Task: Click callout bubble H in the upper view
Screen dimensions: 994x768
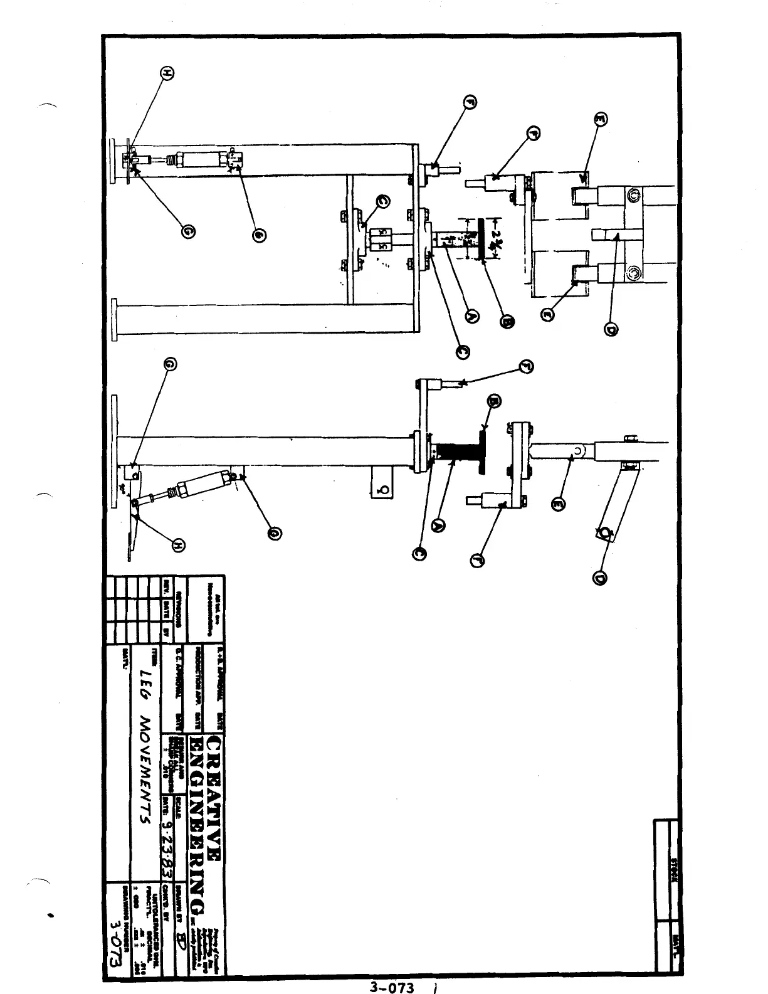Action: pyautogui.click(x=166, y=73)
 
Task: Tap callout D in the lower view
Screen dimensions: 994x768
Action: pyautogui.click(x=599, y=576)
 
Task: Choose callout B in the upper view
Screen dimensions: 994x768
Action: pyautogui.click(x=506, y=322)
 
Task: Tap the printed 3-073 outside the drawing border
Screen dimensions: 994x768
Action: pyautogui.click(x=392, y=987)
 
